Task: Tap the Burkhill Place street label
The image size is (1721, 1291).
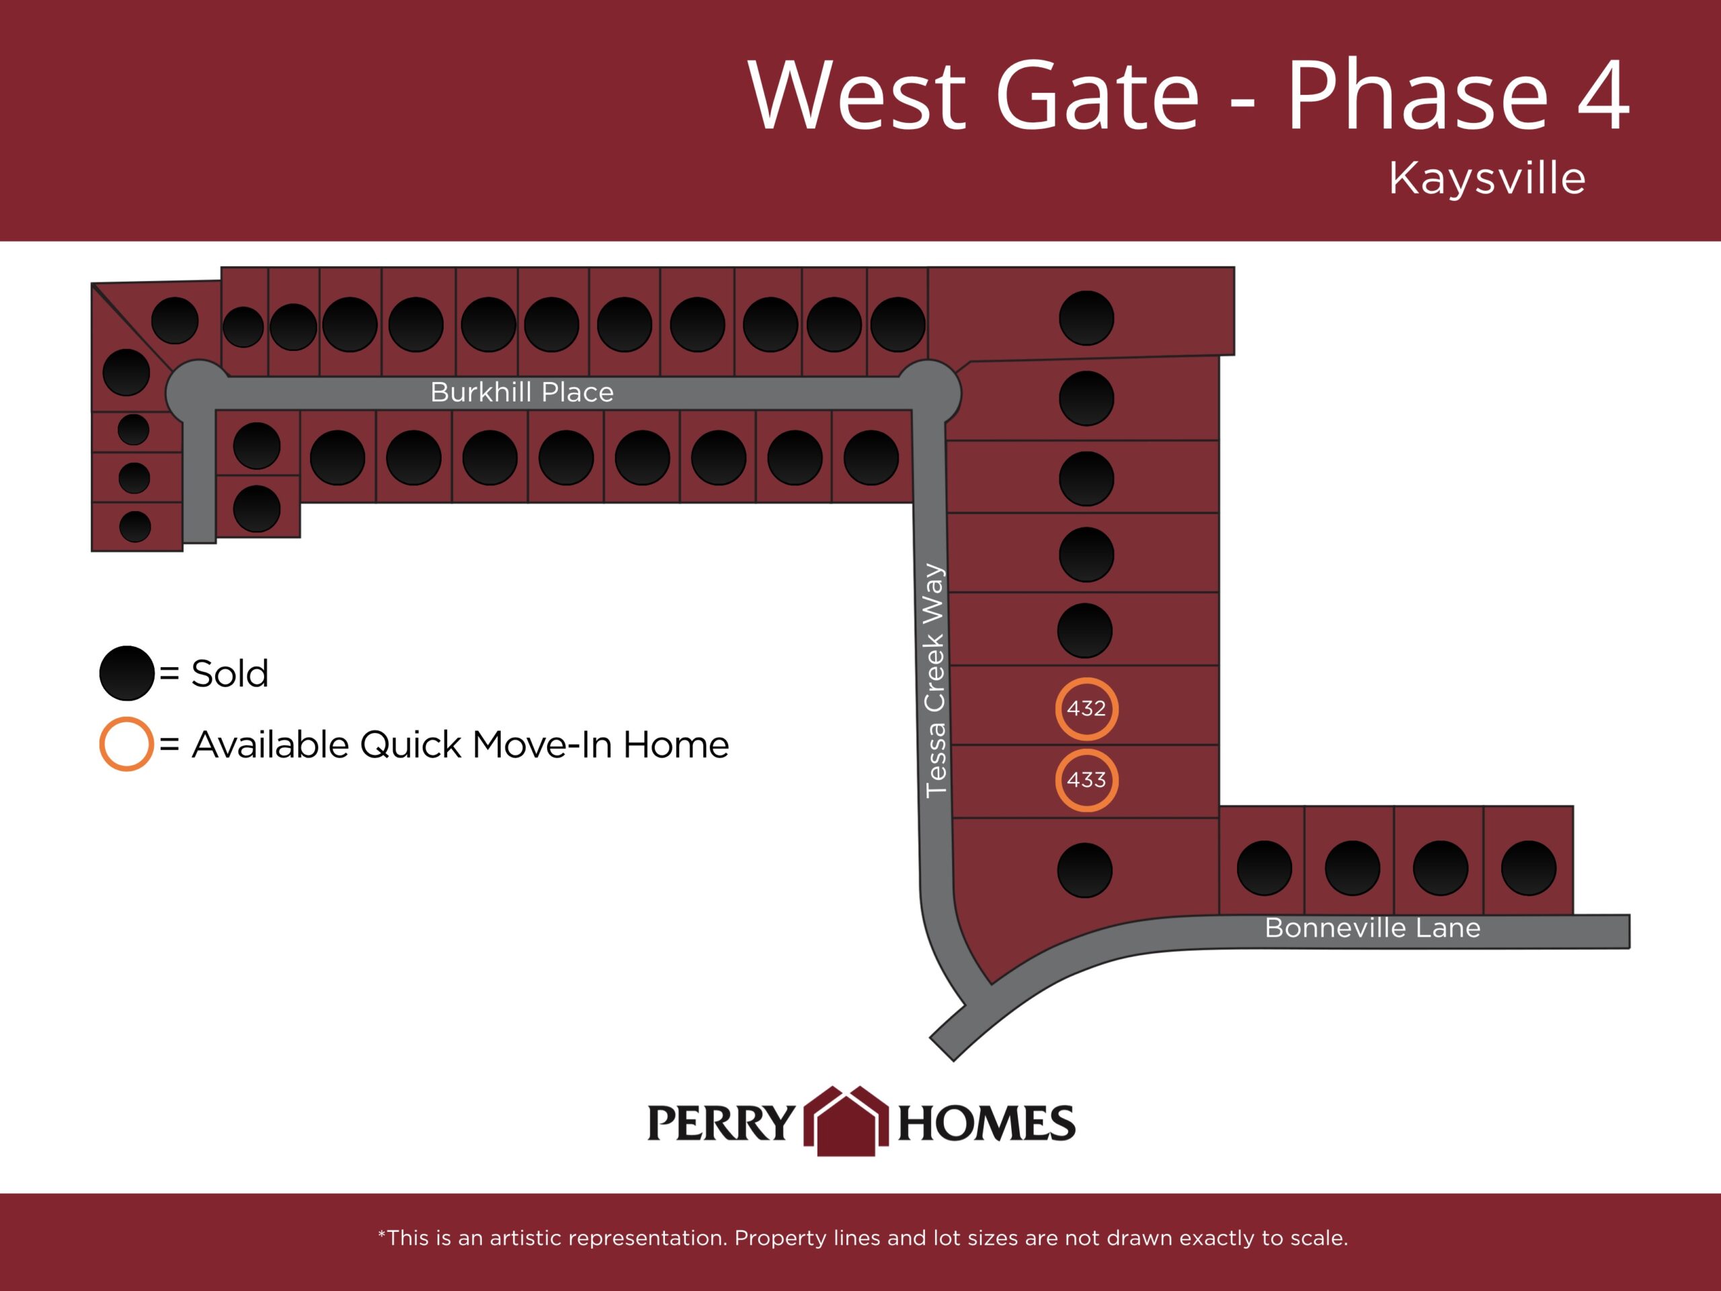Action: tap(522, 392)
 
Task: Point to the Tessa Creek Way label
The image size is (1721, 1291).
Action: tap(934, 681)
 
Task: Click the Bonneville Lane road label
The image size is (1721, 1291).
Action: tap(1373, 928)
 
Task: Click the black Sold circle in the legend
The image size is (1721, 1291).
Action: tap(127, 673)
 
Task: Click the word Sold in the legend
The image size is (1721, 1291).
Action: tap(231, 673)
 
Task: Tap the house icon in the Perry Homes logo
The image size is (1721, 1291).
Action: tap(846, 1121)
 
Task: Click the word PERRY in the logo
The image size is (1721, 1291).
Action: tap(721, 1123)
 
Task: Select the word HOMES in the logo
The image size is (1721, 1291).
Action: tap(986, 1123)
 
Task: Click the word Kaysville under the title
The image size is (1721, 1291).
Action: tap(1487, 178)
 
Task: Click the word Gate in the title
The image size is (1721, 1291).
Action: tap(1098, 94)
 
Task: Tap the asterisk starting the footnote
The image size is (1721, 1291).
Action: tap(382, 1233)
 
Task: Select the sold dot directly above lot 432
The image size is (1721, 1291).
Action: tap(1085, 630)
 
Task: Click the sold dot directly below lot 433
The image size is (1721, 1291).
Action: tap(1085, 870)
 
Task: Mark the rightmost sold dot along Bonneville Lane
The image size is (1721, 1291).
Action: tap(1529, 867)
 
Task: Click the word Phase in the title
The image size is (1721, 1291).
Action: tap(1418, 94)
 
